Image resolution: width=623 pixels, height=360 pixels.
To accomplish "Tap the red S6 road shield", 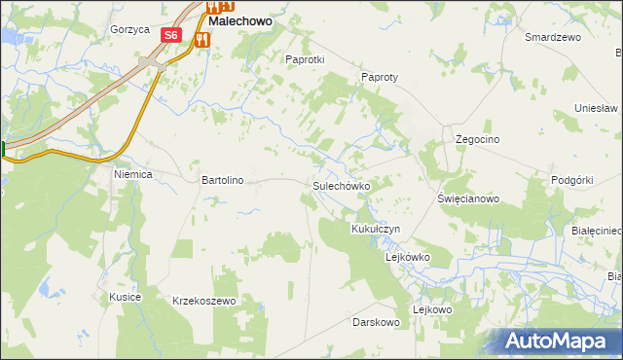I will (171, 34).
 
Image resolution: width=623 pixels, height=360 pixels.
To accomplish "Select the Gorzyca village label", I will (129, 29).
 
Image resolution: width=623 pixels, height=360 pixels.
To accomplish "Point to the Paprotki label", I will (304, 59).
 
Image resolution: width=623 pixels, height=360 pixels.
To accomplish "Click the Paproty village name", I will (381, 77).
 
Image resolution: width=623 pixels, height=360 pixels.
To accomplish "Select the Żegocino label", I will (478, 140).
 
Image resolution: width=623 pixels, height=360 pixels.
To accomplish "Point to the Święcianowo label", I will (468, 198).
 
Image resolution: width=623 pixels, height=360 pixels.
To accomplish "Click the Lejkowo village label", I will (433, 309).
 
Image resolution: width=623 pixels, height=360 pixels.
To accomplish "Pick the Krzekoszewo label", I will (204, 302).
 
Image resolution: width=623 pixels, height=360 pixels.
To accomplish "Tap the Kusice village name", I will (126, 296).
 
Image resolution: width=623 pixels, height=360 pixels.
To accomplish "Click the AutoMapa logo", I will (556, 342).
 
